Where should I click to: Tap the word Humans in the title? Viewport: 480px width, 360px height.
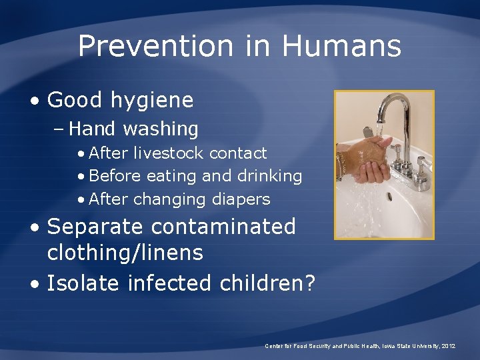click(x=341, y=47)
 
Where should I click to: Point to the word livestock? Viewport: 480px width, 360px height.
click(x=168, y=153)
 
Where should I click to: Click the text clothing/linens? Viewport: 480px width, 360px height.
click(x=125, y=253)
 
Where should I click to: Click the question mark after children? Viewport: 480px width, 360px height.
click(x=309, y=283)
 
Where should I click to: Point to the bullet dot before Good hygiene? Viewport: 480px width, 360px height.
click(x=35, y=101)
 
